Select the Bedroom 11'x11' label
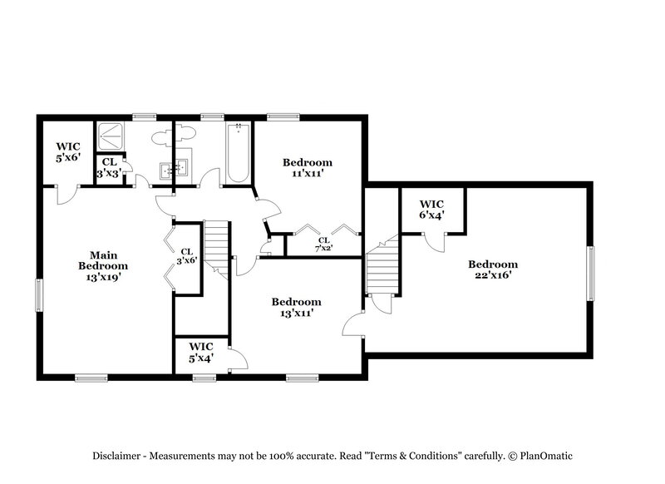(307, 168)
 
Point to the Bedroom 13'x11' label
(296, 308)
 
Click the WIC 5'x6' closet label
(68, 151)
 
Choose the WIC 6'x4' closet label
(431, 209)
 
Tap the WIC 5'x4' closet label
(201, 352)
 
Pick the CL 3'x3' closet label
(109, 168)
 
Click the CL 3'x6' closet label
(187, 255)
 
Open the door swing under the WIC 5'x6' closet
(65, 195)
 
